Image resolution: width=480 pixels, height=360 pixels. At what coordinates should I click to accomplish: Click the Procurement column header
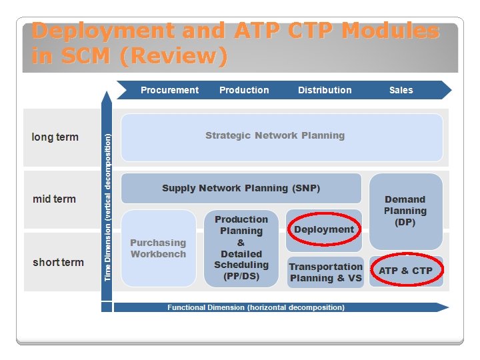169,90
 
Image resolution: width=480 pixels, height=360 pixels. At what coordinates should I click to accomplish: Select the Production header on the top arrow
244,90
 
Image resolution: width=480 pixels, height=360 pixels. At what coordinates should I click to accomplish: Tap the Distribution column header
325,90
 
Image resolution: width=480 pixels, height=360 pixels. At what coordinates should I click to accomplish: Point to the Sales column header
401,90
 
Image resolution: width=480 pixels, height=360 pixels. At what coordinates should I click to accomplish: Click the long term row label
55,137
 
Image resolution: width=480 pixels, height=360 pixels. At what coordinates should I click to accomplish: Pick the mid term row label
54,199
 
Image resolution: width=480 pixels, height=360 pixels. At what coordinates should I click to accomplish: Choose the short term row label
58,262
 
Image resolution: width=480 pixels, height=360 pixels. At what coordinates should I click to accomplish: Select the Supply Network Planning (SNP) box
241,188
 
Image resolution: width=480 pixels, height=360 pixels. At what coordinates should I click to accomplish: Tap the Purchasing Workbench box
158,248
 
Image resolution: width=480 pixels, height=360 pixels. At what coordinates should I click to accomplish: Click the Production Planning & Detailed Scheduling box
241,248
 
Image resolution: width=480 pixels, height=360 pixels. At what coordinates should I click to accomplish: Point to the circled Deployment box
324,229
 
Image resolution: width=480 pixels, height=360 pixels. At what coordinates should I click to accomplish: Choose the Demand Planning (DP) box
405,211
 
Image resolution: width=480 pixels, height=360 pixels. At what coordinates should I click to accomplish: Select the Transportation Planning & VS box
325,272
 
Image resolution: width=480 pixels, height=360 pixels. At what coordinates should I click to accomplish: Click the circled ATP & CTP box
405,271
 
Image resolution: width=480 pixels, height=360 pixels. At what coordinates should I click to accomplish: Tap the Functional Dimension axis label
256,307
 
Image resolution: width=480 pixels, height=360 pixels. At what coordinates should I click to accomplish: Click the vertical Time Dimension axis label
107,207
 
